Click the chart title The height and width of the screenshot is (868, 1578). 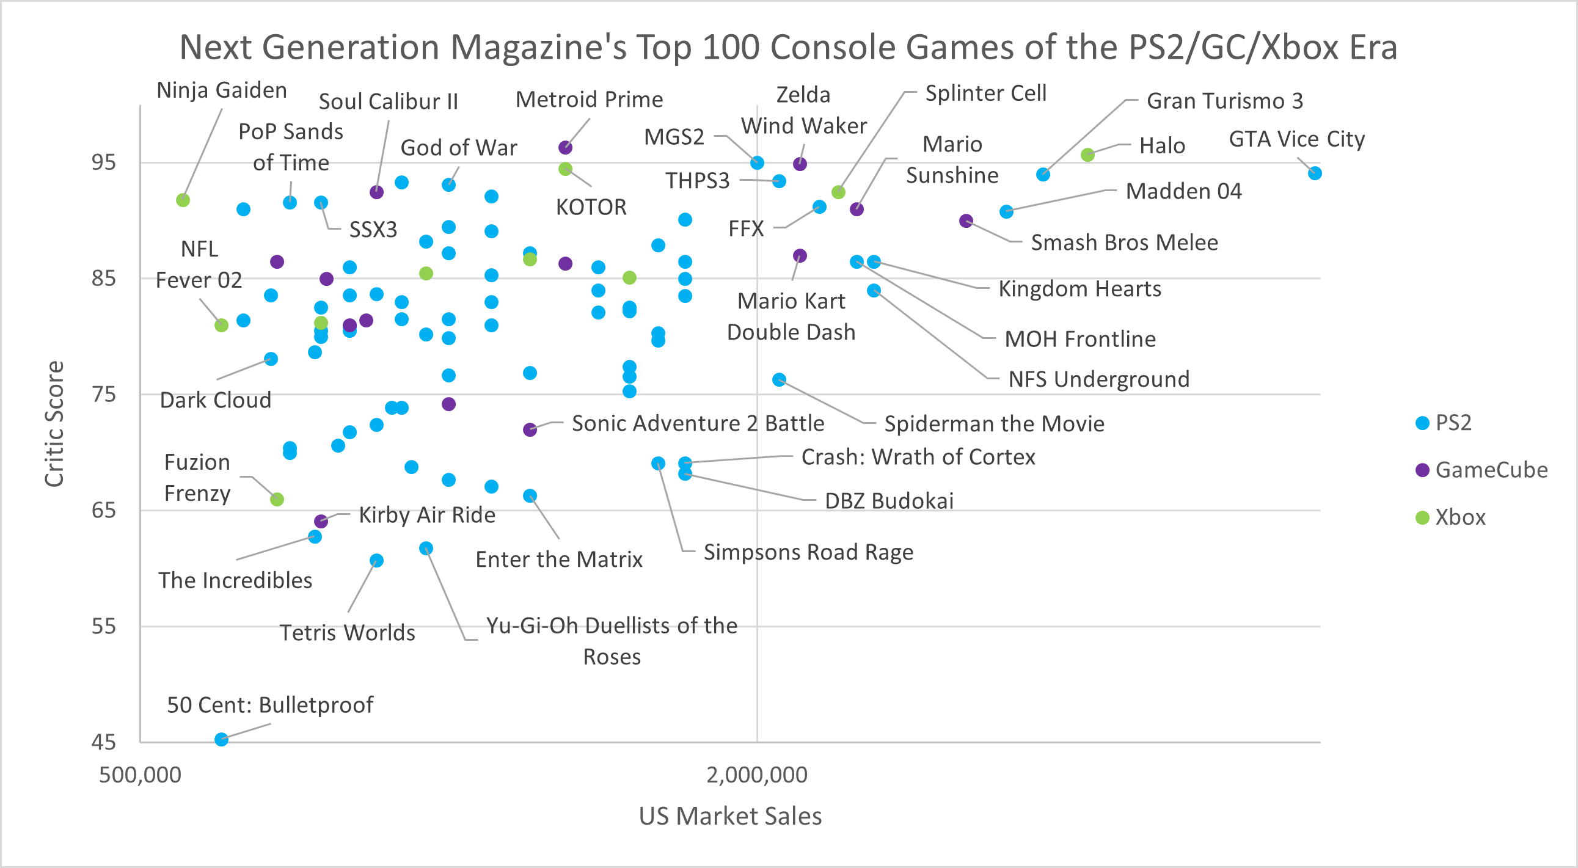click(787, 47)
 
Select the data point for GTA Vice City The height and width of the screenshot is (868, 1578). click(1314, 173)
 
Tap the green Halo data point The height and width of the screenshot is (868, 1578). click(1087, 155)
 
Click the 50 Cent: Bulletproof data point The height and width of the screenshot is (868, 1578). click(222, 739)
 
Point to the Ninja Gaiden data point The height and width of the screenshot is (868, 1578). click(183, 200)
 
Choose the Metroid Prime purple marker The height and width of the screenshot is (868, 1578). click(566, 148)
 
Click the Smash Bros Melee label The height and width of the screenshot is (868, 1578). click(1124, 243)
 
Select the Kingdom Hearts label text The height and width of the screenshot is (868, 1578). click(1079, 288)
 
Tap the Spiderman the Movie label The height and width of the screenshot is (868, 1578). click(993, 424)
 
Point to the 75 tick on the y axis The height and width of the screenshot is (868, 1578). click(103, 395)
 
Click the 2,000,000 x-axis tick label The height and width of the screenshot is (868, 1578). click(756, 775)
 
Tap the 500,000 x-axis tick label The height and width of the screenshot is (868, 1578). click(141, 775)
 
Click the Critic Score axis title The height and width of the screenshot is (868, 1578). click(54, 424)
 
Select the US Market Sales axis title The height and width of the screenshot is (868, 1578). click(730, 816)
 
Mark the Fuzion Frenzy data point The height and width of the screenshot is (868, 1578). click(277, 500)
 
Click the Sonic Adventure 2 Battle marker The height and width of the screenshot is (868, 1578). click(530, 430)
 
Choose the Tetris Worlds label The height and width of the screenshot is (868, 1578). click(348, 632)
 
